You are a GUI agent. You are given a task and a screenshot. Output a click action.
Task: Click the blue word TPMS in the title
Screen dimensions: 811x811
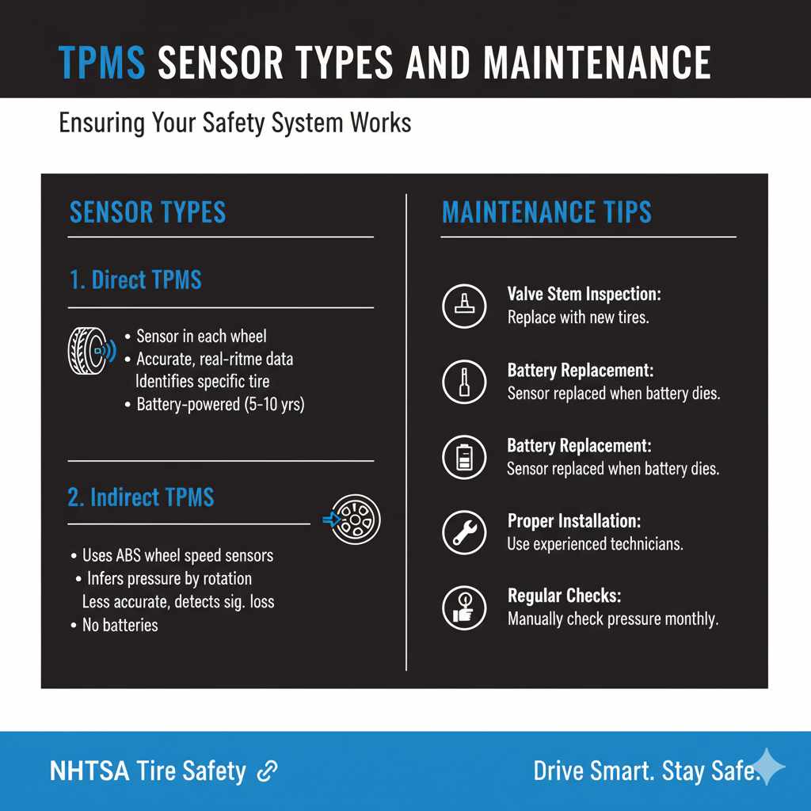point(102,63)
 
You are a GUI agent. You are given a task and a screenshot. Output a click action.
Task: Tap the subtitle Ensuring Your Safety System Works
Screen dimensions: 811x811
point(234,124)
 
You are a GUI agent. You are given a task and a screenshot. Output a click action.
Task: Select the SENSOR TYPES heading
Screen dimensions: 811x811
point(148,212)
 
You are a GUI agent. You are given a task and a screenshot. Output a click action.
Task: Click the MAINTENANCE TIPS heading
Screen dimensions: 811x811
point(546,212)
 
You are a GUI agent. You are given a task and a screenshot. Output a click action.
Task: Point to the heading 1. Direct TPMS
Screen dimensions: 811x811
point(135,280)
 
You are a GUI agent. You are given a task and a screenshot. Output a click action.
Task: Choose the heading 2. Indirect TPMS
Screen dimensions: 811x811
point(141,497)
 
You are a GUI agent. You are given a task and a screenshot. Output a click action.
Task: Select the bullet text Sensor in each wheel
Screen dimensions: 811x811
point(201,337)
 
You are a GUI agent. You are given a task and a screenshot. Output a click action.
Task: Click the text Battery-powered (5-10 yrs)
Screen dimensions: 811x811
point(220,405)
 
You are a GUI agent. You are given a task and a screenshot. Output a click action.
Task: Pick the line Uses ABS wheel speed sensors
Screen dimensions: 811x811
point(178,555)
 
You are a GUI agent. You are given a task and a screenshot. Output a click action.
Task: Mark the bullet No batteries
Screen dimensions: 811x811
point(120,625)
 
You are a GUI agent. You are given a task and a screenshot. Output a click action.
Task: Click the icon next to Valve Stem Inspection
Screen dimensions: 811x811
point(463,306)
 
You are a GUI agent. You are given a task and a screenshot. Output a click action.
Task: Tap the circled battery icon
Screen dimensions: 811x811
point(463,458)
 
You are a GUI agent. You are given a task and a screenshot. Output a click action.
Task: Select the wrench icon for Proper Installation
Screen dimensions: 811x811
point(463,532)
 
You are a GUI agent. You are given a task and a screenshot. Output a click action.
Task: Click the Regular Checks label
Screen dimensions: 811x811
point(553,596)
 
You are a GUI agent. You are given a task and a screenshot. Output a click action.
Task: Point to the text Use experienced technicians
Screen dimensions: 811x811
point(595,544)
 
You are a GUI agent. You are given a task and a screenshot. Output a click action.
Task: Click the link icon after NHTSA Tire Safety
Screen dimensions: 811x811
point(267,771)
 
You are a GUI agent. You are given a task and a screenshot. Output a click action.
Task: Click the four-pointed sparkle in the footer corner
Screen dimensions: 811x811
point(767,767)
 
